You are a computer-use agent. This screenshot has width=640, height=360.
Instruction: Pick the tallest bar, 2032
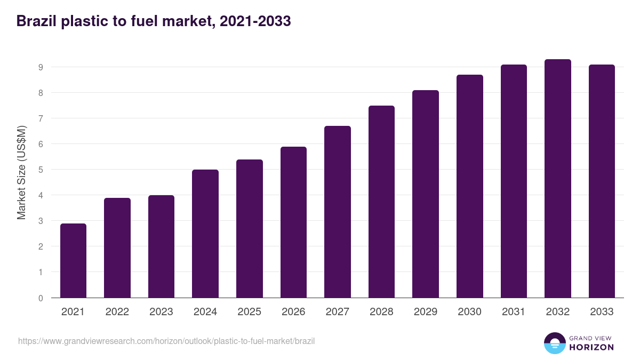click(557, 178)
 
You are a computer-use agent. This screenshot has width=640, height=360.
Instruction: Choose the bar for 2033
click(602, 181)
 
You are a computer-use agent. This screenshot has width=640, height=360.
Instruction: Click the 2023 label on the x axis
click(161, 312)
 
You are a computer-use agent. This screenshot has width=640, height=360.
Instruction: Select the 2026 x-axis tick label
click(293, 312)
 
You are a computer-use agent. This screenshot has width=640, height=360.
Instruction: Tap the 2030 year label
click(469, 312)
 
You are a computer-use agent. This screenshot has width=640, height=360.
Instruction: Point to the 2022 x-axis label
click(117, 312)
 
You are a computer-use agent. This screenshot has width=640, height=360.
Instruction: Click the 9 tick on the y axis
click(40, 67)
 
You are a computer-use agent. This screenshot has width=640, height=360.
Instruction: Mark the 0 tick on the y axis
click(40, 298)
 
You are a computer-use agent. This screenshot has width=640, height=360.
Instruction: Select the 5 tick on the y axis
click(40, 170)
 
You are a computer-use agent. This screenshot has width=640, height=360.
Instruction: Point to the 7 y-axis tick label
click(40, 118)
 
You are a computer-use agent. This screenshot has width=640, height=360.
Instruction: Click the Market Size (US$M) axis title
click(21, 172)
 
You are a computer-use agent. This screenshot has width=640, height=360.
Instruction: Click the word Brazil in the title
click(35, 21)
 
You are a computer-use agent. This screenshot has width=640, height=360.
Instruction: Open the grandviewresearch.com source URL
click(166, 341)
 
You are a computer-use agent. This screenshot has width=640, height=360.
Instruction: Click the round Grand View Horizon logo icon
click(554, 343)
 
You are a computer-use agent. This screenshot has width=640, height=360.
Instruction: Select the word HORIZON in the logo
click(591, 347)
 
